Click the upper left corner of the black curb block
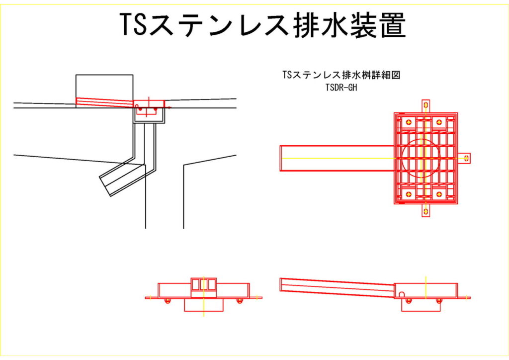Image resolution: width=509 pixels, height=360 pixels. pyautogui.click(x=76, y=75)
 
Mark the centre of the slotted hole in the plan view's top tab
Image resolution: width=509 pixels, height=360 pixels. pyautogui.click(x=425, y=105)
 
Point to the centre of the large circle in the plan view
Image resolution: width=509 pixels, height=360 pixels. pyautogui.click(x=421, y=158)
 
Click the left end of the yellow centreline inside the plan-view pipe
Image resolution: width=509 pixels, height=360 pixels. pyautogui.click(x=281, y=158)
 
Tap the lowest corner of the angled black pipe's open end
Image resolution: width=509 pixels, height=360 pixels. pyautogui.click(x=110, y=196)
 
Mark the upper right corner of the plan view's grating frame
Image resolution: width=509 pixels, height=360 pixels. pyautogui.click(x=458, y=113)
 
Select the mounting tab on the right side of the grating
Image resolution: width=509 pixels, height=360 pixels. pyautogui.click(x=465, y=158)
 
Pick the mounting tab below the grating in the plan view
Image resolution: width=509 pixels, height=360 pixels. pyautogui.click(x=425, y=210)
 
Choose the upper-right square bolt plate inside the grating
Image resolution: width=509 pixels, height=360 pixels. pyautogui.click(x=439, y=122)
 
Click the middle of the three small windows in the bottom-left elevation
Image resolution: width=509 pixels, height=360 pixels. pyautogui.click(x=203, y=284)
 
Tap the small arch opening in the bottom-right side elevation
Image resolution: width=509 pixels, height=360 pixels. pyautogui.click(x=402, y=294)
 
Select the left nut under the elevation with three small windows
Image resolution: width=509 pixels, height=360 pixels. pyautogui.click(x=168, y=301)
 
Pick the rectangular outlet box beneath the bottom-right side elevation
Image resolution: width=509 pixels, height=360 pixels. pyautogui.click(x=421, y=305)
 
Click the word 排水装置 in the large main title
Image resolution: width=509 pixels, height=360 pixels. pyautogui.click(x=349, y=25)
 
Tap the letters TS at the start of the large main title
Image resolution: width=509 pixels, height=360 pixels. pyautogui.click(x=134, y=25)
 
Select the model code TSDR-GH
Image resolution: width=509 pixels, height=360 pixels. pyautogui.click(x=341, y=88)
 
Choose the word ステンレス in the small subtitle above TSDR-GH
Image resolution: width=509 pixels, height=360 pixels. pyautogui.click(x=317, y=75)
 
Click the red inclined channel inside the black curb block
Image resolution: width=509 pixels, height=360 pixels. pyautogui.click(x=104, y=102)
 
